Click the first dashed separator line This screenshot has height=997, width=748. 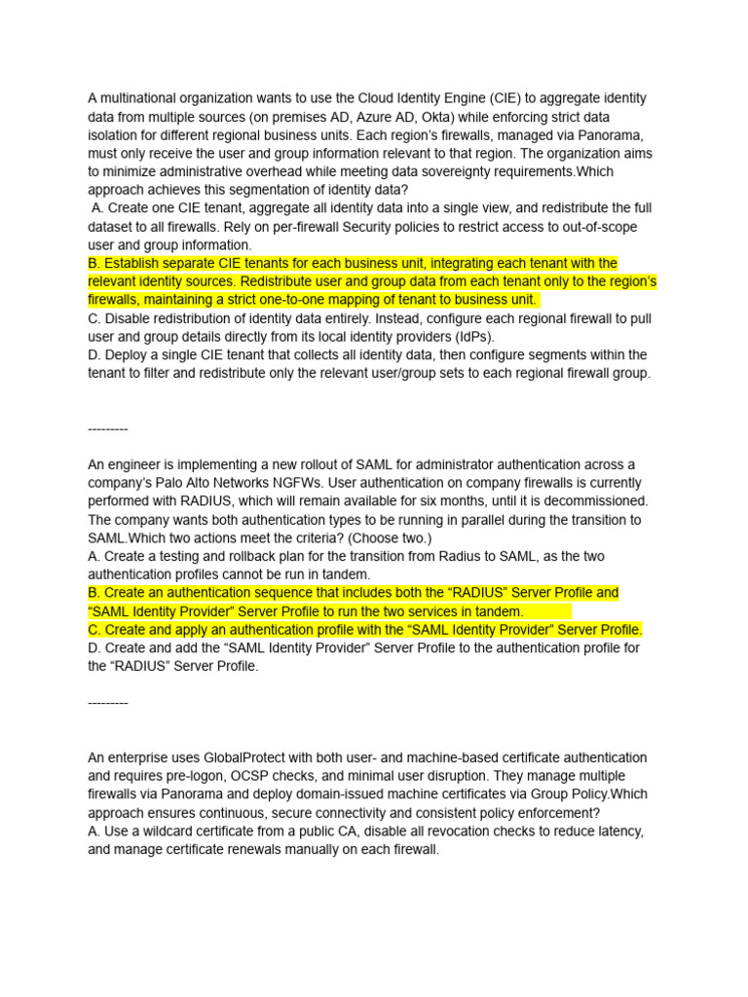coord(107,428)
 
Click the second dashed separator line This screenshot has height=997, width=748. coord(107,703)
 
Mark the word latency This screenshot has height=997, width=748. coord(618,831)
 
